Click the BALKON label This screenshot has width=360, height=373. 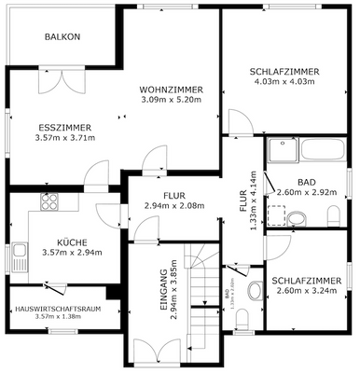[63, 37]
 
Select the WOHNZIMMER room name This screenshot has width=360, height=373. [171, 90]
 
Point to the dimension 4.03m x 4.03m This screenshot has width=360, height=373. [284, 82]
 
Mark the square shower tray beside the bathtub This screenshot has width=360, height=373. [276, 214]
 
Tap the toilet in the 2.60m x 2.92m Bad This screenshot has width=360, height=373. [296, 220]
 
